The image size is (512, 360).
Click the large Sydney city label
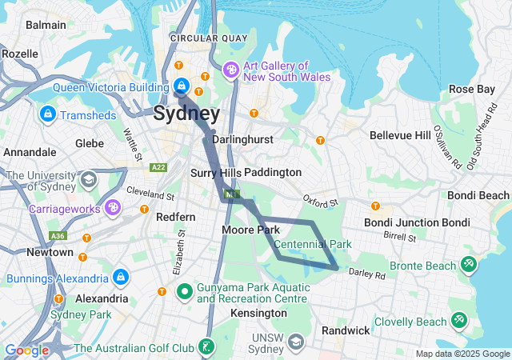[186, 113]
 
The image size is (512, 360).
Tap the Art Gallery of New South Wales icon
[231, 71]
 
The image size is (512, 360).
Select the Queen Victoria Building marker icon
[182, 86]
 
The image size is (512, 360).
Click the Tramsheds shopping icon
[48, 114]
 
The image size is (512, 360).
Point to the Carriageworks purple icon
[114, 208]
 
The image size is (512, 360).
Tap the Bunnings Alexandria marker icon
[119, 278]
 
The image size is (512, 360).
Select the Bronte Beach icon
[468, 265]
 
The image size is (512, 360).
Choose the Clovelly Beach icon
[459, 322]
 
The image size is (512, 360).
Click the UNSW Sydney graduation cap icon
[296, 342]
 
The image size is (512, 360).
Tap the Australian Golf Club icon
[206, 347]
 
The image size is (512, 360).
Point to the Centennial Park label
[312, 244]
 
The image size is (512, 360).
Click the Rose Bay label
[471, 89]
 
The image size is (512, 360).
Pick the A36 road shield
[57, 236]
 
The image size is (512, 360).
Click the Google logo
[26, 350]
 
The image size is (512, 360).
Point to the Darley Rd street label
[367, 274]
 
